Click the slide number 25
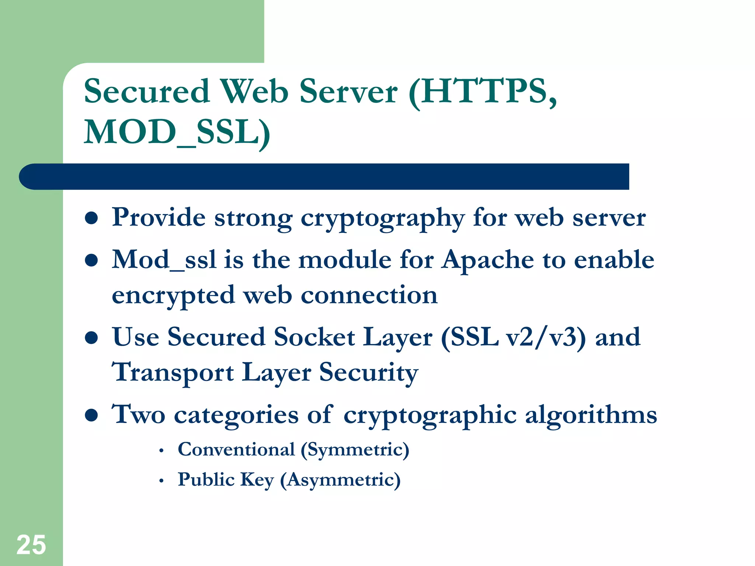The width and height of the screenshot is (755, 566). tap(31, 545)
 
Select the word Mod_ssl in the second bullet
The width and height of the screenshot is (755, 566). tap(164, 259)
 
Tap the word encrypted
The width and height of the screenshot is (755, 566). tap(173, 296)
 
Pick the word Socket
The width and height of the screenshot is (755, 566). tap(314, 337)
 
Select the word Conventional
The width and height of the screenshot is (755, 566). tap(236, 449)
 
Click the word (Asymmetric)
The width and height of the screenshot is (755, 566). tap(340, 480)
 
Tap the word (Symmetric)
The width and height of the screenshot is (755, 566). tap(355, 450)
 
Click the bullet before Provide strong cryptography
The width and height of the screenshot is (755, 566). tap(91, 218)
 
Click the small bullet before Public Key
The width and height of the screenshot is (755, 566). tap(161, 481)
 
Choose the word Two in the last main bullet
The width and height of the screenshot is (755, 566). tap(138, 415)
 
